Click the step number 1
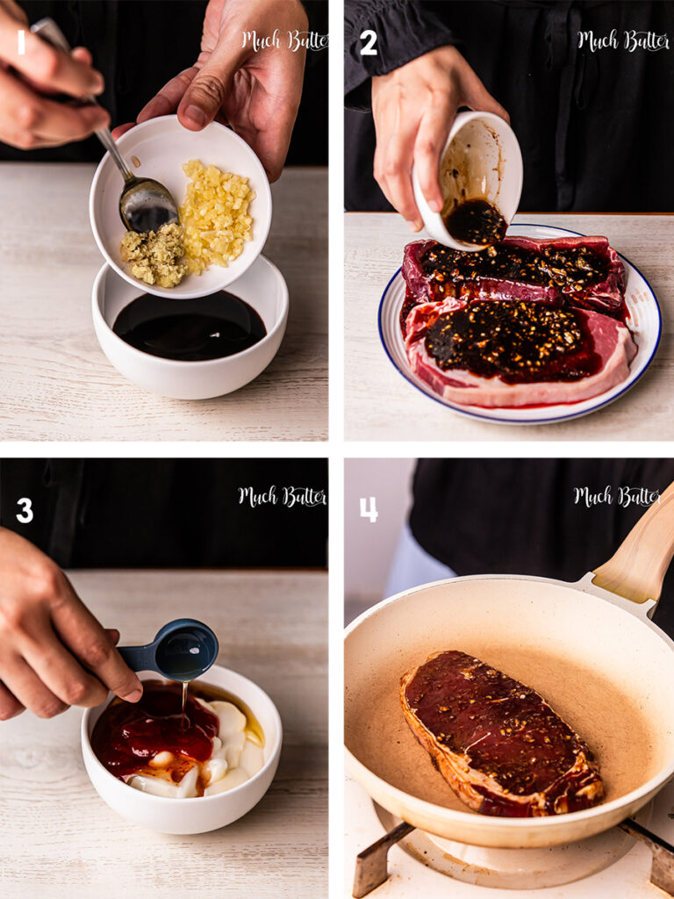[21, 42]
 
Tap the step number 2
[369, 43]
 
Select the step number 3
[25, 510]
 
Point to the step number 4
[369, 509]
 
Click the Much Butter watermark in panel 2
[623, 41]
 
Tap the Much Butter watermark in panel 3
[283, 497]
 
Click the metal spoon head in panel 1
[147, 204]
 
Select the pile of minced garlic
[218, 214]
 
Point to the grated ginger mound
[154, 255]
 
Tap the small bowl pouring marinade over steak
[469, 181]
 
